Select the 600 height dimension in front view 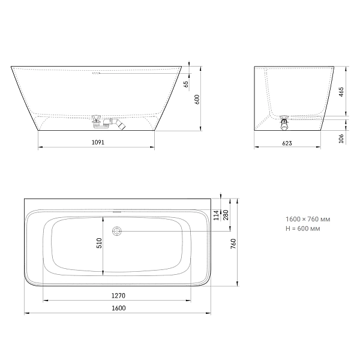click(196, 100)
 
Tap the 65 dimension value click(186, 83)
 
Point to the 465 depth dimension click(341, 92)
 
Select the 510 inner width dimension click(100, 243)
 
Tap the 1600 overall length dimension click(118, 308)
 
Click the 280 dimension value click(226, 215)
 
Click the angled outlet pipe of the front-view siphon click(120, 125)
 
